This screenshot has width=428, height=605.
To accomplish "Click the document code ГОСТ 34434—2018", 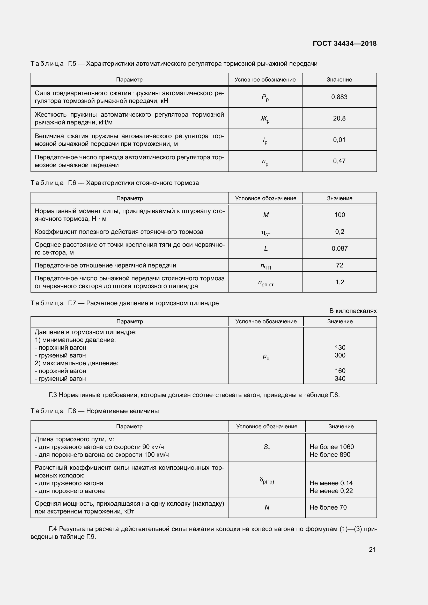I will click(344, 43).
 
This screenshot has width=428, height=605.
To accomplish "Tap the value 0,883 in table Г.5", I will click(339, 97).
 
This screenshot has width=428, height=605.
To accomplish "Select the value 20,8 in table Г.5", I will click(339, 118).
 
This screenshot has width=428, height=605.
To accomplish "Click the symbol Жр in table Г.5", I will click(265, 119).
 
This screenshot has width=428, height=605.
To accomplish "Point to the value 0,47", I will click(339, 161).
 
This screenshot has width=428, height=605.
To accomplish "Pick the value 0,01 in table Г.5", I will click(339, 140).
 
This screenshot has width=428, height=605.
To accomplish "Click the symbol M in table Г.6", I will click(266, 215).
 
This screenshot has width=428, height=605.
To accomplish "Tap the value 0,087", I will click(340, 249).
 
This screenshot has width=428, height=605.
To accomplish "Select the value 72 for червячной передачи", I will click(340, 265).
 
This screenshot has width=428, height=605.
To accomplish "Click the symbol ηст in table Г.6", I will click(266, 233).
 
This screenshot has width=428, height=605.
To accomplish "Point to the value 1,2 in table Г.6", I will click(340, 282).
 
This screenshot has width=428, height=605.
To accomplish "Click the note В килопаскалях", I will click(353, 311).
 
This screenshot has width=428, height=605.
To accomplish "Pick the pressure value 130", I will click(340, 348).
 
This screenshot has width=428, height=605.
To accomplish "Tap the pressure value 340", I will click(340, 379).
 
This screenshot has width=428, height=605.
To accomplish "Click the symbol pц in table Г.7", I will click(266, 357).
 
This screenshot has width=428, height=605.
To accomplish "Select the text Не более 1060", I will click(331, 447).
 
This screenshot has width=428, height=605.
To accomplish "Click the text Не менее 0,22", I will click(331, 491).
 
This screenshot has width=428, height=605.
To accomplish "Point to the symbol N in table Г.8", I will click(267, 507).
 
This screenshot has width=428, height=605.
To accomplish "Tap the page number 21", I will click(372, 549).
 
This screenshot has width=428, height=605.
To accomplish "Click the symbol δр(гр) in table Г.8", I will click(267, 480).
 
